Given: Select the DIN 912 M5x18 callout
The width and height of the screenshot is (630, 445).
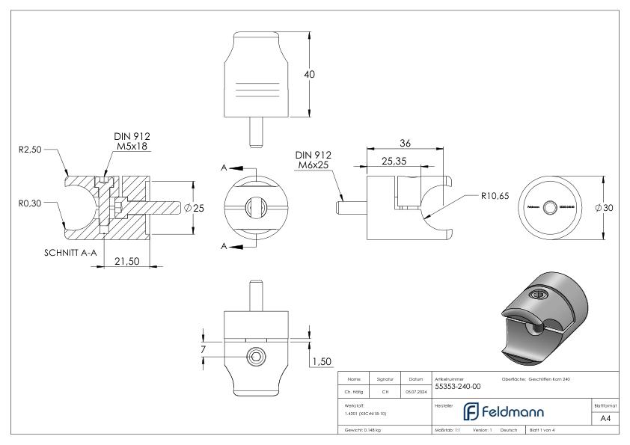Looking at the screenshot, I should click(132, 141).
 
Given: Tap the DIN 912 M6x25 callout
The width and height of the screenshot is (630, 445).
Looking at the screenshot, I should click(313, 159).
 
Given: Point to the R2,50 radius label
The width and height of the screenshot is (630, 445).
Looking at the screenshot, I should click(28, 150).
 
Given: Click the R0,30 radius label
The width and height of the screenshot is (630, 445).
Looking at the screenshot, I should click(28, 201).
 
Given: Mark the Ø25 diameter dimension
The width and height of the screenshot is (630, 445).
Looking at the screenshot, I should click(195, 208).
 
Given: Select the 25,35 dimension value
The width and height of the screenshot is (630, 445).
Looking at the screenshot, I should click(394, 160).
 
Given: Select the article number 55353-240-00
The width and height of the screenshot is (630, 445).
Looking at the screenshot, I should click(458, 387).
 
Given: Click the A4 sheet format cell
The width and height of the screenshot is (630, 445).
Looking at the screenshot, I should click(605, 420).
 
